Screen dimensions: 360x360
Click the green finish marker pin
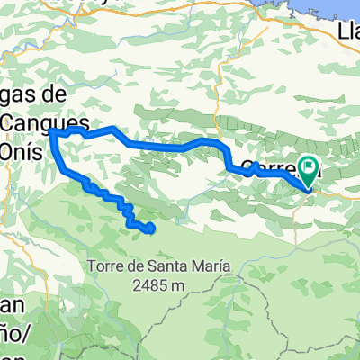click(309, 166)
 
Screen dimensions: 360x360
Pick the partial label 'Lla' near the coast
click(347, 34)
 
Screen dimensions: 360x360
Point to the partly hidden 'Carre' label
click(270, 167)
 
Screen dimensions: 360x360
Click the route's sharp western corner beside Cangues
click(51, 131)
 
